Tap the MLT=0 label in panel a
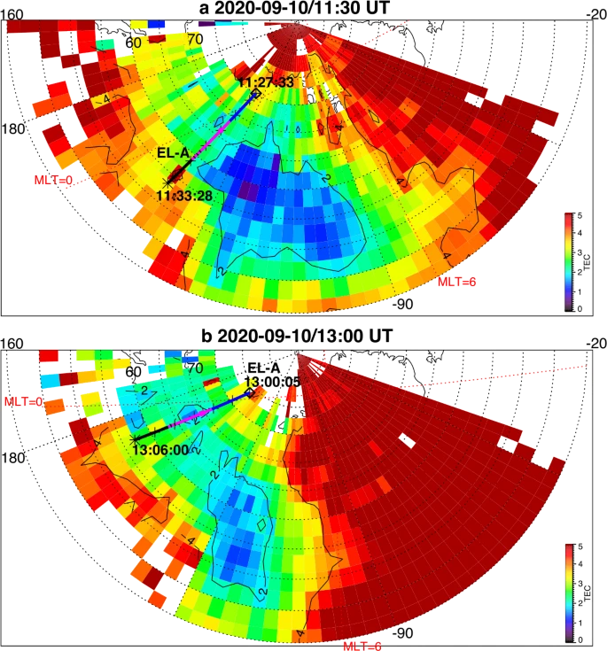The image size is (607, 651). click(53, 181)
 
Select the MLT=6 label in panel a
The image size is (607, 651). click(458, 282)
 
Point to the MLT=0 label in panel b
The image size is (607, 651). click(24, 401)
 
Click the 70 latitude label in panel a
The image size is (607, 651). click(196, 40)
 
